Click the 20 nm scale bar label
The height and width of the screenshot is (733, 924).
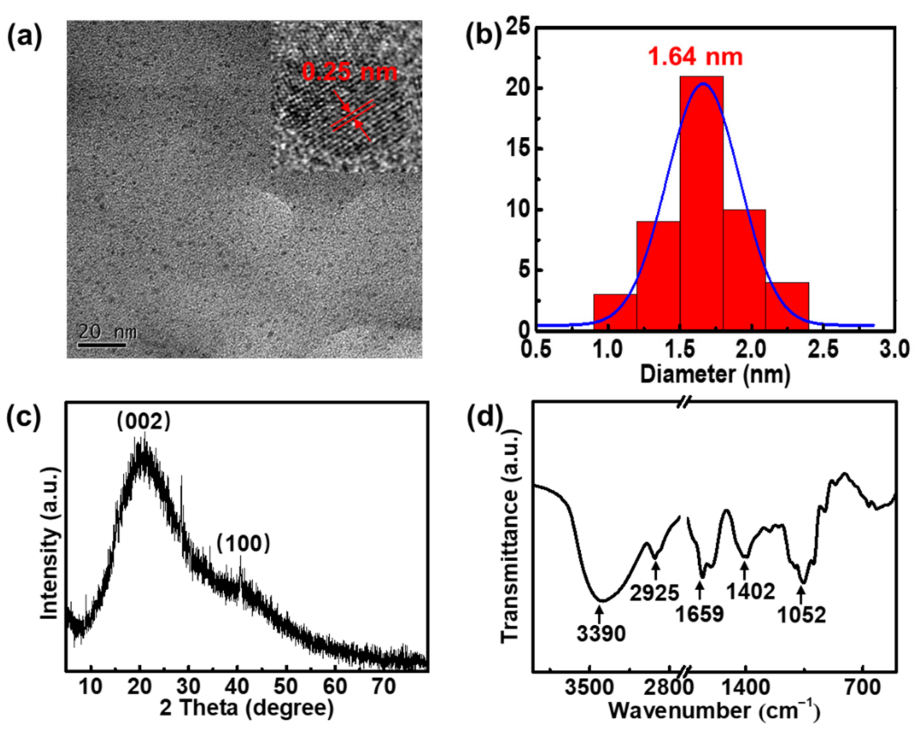coord(107,332)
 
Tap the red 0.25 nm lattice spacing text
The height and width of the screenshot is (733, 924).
coord(349,72)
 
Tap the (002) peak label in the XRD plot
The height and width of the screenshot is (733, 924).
coord(143,422)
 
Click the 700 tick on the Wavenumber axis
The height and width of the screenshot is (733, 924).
coord(863,688)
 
